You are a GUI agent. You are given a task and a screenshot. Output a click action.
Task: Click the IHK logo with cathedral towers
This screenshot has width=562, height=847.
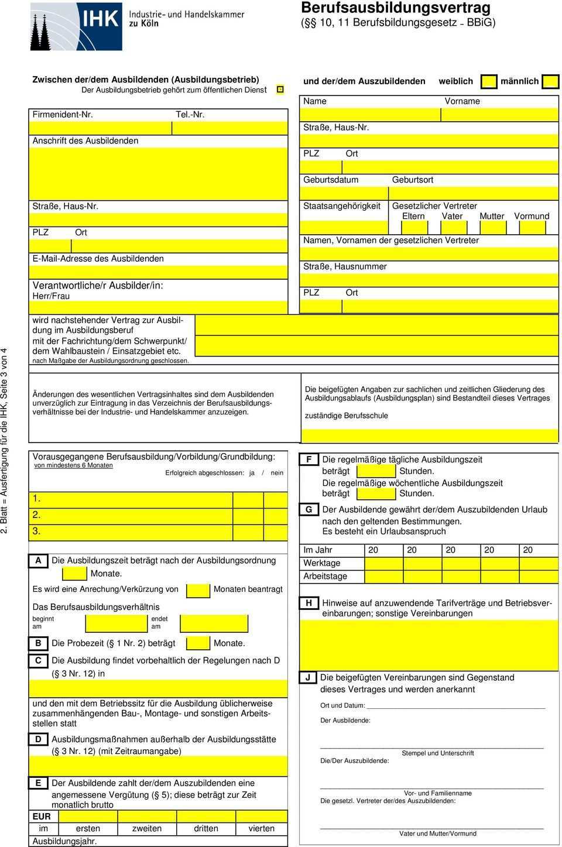[76, 26]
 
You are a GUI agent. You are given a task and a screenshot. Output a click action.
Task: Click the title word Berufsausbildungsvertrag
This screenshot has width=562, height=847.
[396, 8]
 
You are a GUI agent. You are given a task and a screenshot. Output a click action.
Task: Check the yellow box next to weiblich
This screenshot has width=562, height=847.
[489, 81]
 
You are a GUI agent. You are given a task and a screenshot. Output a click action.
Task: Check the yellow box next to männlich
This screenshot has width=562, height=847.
[550, 81]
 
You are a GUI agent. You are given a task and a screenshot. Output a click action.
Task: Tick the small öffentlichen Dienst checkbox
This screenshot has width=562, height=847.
[280, 90]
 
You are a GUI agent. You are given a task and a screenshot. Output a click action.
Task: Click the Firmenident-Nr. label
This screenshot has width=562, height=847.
[63, 114]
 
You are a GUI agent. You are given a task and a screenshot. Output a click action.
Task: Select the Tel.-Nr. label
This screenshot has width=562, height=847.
[190, 114]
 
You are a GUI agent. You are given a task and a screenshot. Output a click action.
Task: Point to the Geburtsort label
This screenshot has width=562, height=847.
[413, 180]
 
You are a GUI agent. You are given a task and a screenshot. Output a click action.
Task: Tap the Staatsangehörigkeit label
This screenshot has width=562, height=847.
[342, 206]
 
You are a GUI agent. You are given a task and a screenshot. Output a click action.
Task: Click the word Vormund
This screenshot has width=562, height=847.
[532, 216]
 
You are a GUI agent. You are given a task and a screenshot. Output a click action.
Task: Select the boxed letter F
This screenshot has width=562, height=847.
[309, 459]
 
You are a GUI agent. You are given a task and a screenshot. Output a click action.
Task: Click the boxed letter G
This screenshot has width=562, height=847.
[309, 509]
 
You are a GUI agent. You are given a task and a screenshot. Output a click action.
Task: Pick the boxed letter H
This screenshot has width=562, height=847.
[309, 603]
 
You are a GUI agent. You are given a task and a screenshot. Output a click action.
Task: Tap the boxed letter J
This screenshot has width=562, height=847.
[307, 677]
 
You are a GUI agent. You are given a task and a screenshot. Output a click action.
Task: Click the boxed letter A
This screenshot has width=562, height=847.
[39, 560]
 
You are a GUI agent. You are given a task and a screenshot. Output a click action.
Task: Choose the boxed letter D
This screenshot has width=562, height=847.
[39, 739]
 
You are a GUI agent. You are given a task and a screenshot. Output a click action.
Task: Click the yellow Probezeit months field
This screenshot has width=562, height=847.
[198, 643]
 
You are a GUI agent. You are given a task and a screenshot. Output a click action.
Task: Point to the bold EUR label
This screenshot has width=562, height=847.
[42, 816]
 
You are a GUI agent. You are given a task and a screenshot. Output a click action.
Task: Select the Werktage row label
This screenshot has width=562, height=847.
[321, 563]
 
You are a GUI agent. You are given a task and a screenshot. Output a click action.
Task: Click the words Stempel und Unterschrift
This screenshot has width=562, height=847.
[437, 753]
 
